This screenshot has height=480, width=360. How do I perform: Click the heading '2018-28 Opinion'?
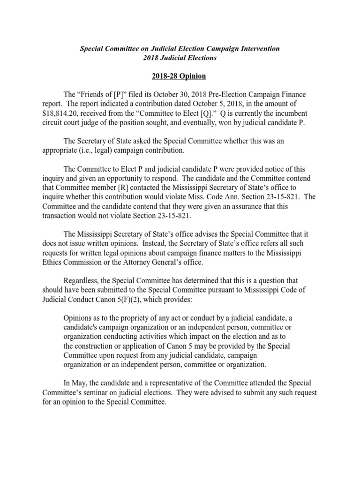180,76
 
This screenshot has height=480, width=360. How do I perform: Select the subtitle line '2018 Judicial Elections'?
180,58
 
